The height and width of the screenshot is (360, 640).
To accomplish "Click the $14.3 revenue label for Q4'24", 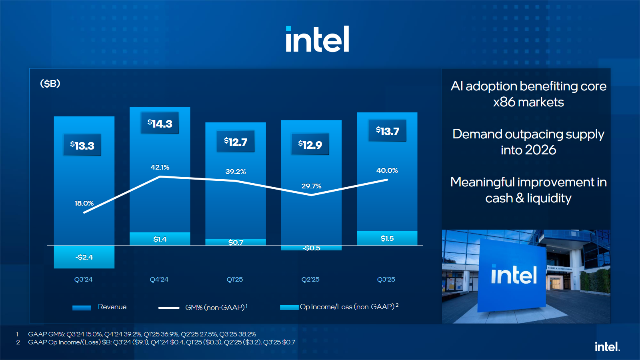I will [x=160, y=124].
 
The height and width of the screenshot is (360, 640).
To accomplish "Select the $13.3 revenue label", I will [x=82, y=145].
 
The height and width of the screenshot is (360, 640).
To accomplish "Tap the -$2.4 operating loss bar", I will [x=84, y=257].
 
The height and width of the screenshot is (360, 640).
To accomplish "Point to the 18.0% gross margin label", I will [x=84, y=203].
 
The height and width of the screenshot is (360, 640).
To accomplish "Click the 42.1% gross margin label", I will [x=160, y=167].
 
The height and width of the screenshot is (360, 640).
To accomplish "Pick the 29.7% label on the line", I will [x=311, y=186].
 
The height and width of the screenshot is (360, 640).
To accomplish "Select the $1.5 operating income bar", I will [x=387, y=238].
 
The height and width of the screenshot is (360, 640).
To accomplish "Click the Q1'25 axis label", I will [x=235, y=280].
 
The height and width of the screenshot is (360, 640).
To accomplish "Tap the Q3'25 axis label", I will [x=386, y=280].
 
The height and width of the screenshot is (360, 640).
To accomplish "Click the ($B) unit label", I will [x=50, y=84].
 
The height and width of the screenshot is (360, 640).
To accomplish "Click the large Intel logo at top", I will [x=317, y=39].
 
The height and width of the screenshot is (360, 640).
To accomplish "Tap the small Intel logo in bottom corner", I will [x=607, y=347].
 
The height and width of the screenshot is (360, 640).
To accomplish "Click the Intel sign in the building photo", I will [x=513, y=276].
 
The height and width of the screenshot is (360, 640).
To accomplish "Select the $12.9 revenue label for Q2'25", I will [x=310, y=144].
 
